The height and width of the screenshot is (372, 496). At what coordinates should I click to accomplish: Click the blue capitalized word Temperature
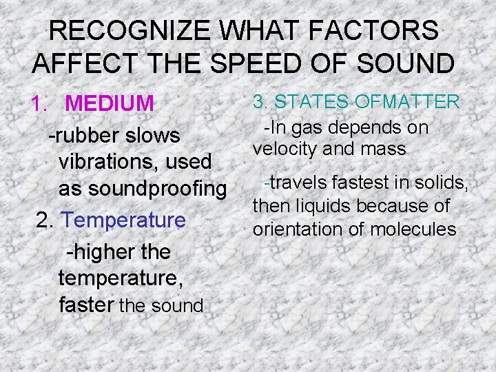pos(124,220)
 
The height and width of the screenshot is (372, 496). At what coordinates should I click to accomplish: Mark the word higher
pos(103,252)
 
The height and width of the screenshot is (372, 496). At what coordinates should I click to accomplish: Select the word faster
pos(86,304)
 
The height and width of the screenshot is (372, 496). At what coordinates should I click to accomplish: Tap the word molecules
pos(413,229)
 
